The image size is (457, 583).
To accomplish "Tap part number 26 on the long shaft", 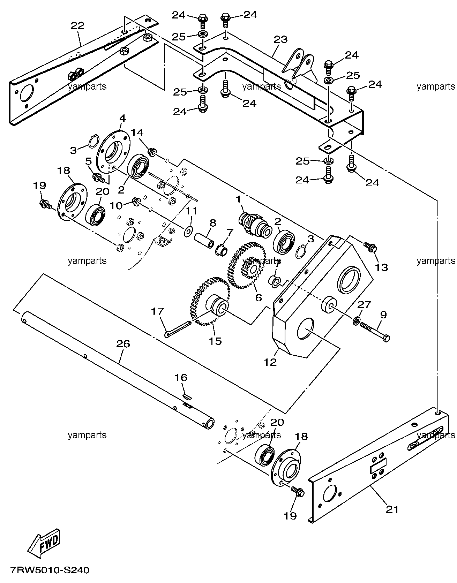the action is [123, 344].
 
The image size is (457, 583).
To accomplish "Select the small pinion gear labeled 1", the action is [255, 222].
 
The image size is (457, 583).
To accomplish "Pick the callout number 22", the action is [77, 25].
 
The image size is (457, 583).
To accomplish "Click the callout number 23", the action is [281, 39].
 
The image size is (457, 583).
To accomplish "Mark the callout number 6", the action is [258, 297].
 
